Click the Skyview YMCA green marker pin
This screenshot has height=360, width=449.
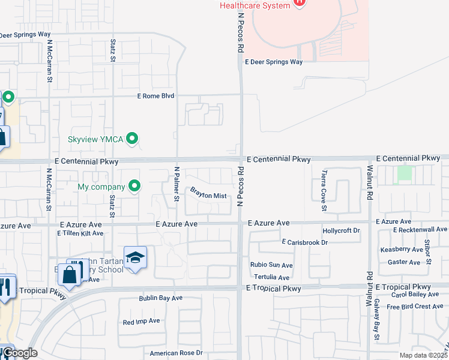click(x=133, y=139)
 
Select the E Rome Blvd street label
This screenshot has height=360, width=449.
click(x=155, y=95)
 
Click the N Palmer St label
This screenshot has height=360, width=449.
click(x=177, y=184)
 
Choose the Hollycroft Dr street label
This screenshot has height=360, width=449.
click(x=340, y=230)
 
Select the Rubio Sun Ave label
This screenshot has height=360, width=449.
click(x=272, y=265)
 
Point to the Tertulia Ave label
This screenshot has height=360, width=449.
click(x=272, y=277)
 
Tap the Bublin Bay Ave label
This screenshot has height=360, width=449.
click(x=161, y=298)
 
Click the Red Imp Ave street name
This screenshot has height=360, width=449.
click(x=141, y=321)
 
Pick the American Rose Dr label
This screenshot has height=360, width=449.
click(x=172, y=353)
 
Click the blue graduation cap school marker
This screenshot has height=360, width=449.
click(x=136, y=257)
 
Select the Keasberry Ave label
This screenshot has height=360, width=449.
click(x=402, y=250)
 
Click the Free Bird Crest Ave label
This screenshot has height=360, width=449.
click(x=415, y=307)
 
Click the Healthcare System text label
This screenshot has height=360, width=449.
click(x=255, y=5)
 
